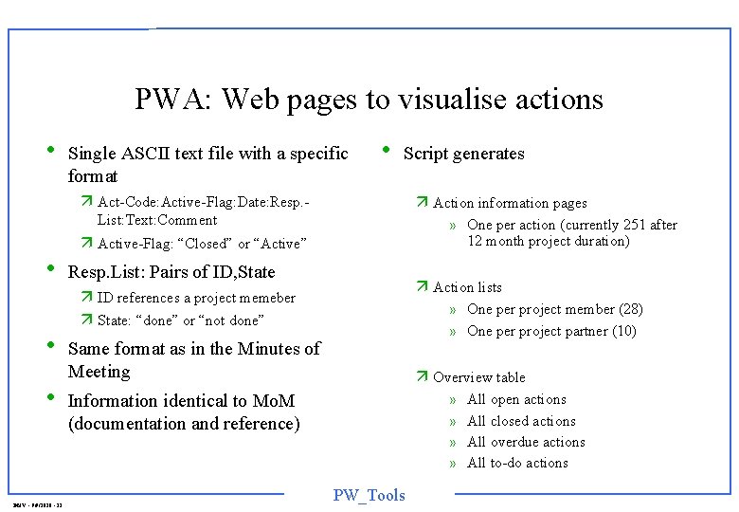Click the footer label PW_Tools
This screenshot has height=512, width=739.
(x=369, y=495)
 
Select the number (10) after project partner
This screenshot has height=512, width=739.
(x=624, y=331)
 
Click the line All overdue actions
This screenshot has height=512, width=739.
(x=526, y=442)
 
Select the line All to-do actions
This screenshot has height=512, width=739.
(x=517, y=463)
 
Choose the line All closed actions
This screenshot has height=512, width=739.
(x=521, y=421)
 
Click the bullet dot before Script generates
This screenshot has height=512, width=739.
(x=385, y=150)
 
